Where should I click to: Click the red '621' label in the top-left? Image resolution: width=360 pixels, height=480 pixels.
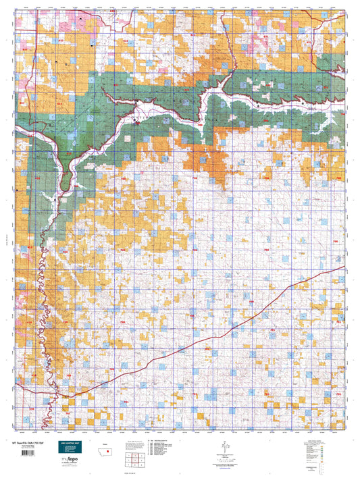26,51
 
